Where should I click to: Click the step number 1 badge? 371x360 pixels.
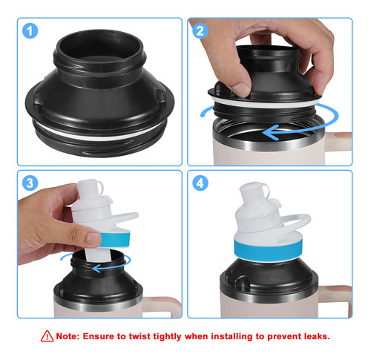coord(30,31)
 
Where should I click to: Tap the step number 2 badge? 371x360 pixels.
coord(200,31)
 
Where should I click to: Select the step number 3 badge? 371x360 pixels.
coord(30,183)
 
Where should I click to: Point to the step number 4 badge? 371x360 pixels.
coord(200,183)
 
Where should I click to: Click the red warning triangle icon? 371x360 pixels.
coord(47,336)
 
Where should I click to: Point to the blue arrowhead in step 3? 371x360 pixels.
coord(96,268)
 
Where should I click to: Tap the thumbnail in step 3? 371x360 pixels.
coord(94,239)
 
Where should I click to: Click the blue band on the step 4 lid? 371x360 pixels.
coord(268,250)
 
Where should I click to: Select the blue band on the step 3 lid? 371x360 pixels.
coord(115,240)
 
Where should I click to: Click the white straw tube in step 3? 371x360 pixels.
coord(98,255)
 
